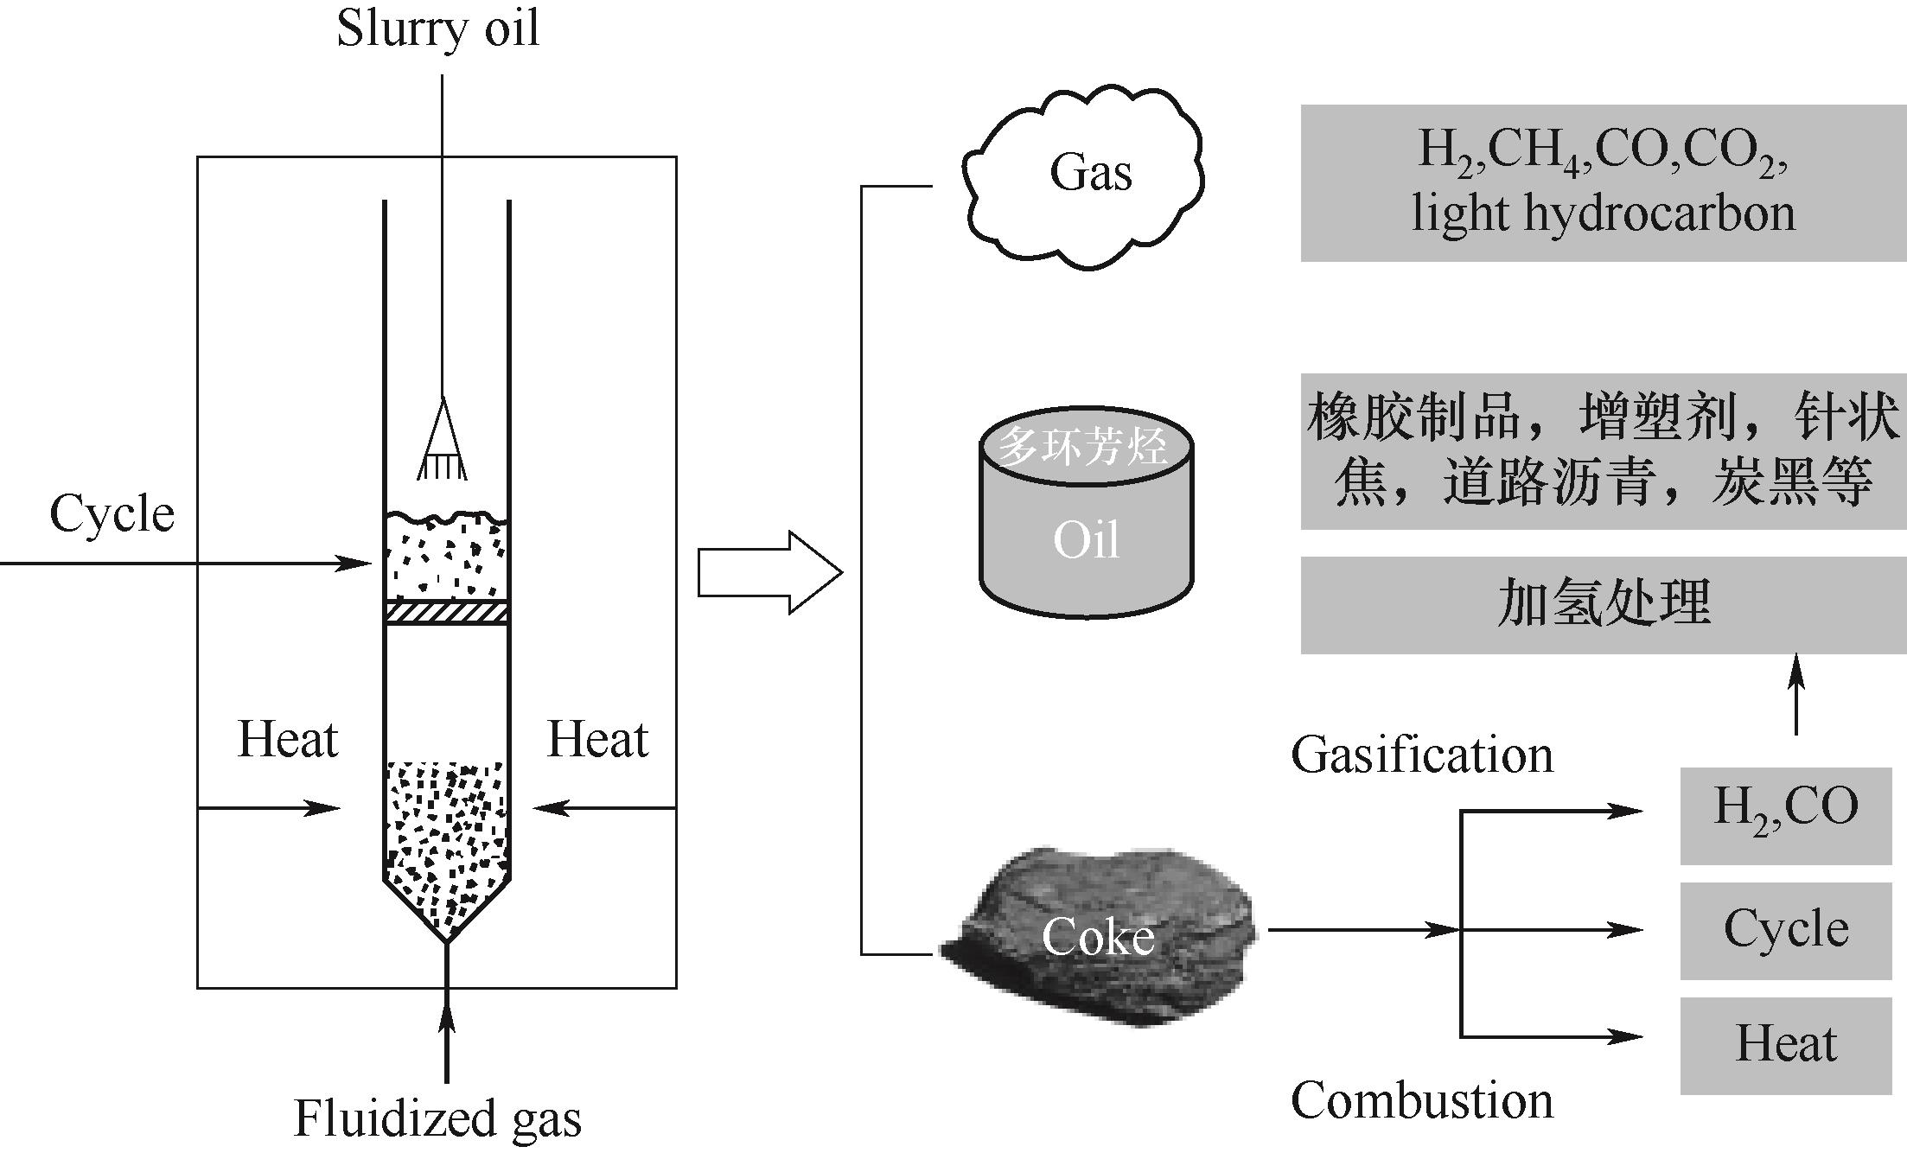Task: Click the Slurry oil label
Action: pyautogui.click(x=437, y=29)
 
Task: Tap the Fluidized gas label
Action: pyautogui.click(x=437, y=1118)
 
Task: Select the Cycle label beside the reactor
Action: pyautogui.click(x=112, y=514)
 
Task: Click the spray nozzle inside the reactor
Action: pyautogui.click(x=443, y=441)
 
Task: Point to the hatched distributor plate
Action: pyautogui.click(x=446, y=612)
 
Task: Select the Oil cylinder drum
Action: pyautogui.click(x=1086, y=527)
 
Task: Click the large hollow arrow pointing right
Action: pyautogui.click(x=769, y=573)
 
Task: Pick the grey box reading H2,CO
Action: pyautogui.click(x=1785, y=814)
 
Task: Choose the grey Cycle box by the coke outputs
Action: pyautogui.click(x=1785, y=931)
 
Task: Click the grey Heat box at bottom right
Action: pyautogui.click(x=1785, y=1045)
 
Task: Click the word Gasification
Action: pyautogui.click(x=1421, y=755)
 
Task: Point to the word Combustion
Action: pyautogui.click(x=1421, y=1102)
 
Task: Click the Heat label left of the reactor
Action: pyautogui.click(x=287, y=740)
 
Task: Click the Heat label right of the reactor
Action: pyautogui.click(x=597, y=740)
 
